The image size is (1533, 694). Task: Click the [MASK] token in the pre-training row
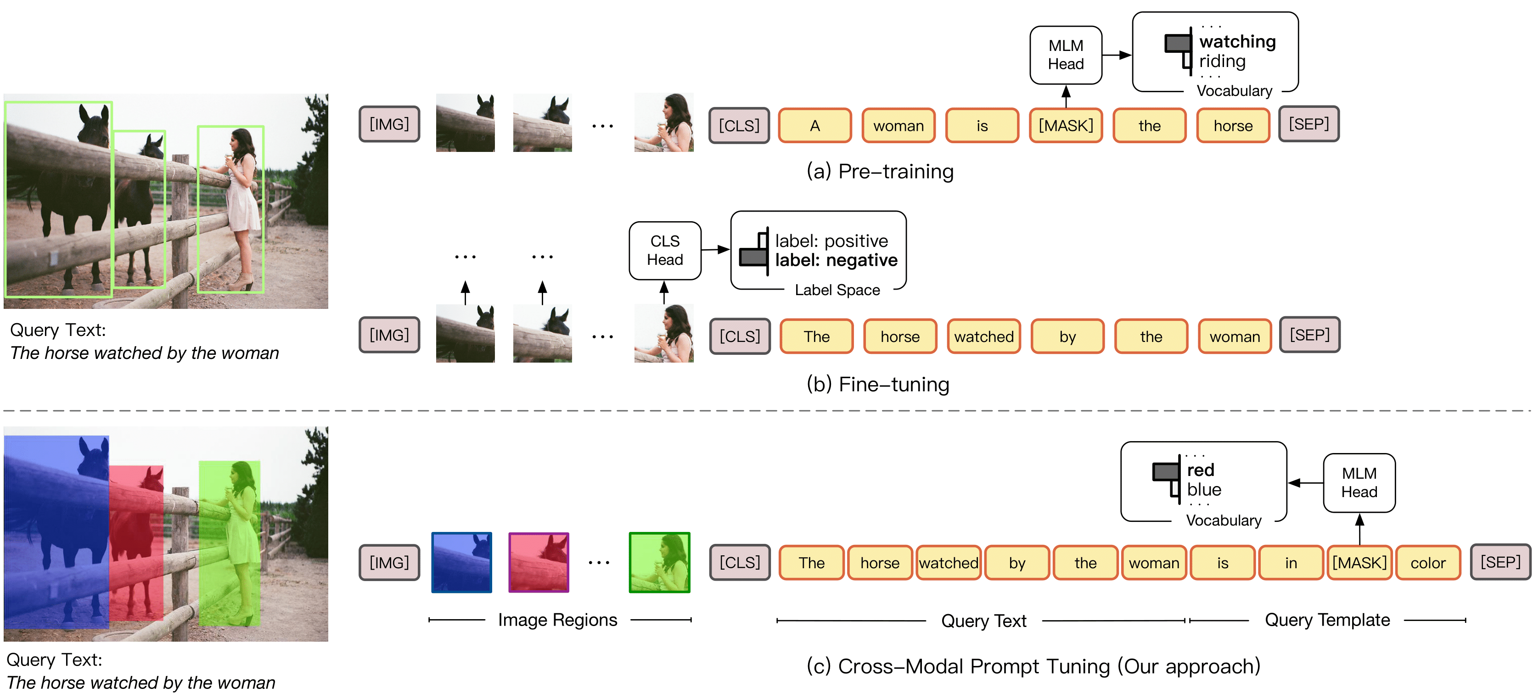coord(1065,126)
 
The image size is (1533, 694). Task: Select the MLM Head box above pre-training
coord(1065,55)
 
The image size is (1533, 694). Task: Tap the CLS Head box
coord(665,251)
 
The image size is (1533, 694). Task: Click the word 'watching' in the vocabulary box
coord(1237,42)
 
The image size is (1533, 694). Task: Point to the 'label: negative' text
coord(836,260)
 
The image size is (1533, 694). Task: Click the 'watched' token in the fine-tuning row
coord(984,336)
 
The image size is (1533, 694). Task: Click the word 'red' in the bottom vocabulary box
coord(1200,470)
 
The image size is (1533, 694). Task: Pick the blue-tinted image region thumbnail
coord(461,562)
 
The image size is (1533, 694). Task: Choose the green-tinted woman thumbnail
coord(659,562)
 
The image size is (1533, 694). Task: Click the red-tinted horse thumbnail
coord(539,562)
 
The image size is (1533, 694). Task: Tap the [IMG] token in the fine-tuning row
coord(389,335)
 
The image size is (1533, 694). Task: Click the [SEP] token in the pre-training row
coord(1308,124)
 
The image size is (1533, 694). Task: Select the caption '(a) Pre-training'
coord(880,171)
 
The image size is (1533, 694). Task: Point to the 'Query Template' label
coord(1327,620)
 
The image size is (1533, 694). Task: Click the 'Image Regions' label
coord(558,620)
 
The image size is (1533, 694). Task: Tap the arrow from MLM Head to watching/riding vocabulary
coord(1117,55)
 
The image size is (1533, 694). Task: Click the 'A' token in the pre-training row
coord(814,126)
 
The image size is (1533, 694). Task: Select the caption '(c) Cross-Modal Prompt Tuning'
coord(1033,666)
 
